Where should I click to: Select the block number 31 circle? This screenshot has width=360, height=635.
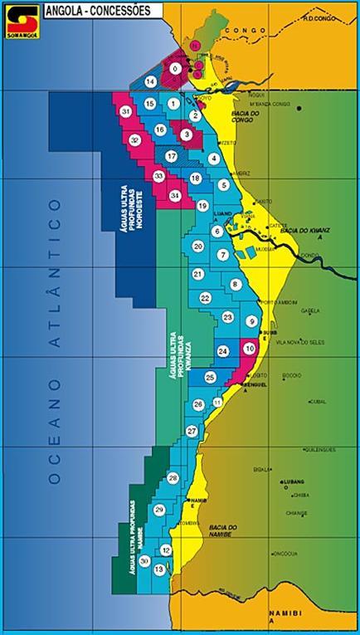[x=126, y=112]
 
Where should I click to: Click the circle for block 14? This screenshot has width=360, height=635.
[x=150, y=81]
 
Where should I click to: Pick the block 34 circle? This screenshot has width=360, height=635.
[x=174, y=195]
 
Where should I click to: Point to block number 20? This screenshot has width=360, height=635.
[x=198, y=247]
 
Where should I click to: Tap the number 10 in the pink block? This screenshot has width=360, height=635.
[x=249, y=349]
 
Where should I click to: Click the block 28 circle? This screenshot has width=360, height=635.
[x=173, y=478]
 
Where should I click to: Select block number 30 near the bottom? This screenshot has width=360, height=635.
[x=145, y=561]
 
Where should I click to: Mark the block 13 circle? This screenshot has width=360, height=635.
[x=159, y=569]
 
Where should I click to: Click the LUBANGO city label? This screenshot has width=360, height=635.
[x=294, y=481]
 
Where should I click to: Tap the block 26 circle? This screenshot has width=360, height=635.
[x=198, y=404]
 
